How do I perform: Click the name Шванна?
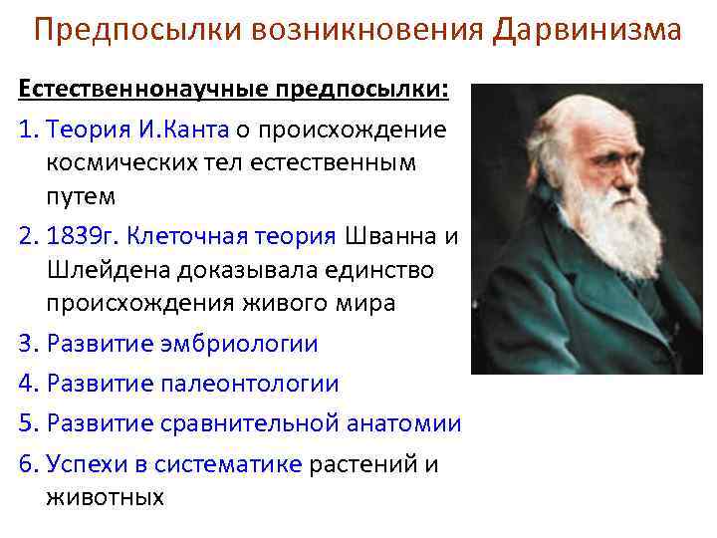[392, 236]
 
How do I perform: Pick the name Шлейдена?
[110, 270]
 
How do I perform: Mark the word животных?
[105, 496]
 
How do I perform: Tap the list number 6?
[26, 463]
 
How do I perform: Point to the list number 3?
[26, 344]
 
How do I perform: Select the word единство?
[394, 270]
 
